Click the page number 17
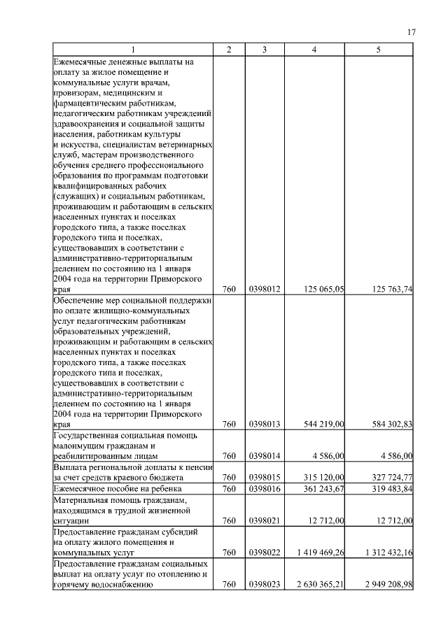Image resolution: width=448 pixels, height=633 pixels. pos(412,32)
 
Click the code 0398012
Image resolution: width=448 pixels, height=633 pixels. pos(265,288)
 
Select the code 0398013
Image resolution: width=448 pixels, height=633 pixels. pos(265,424)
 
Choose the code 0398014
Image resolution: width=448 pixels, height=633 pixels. pos(265,456)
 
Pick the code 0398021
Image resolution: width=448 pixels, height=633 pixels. pos(265,521)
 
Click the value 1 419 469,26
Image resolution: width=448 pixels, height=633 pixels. pos(321,553)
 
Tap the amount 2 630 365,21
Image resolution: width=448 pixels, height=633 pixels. pos(321,585)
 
